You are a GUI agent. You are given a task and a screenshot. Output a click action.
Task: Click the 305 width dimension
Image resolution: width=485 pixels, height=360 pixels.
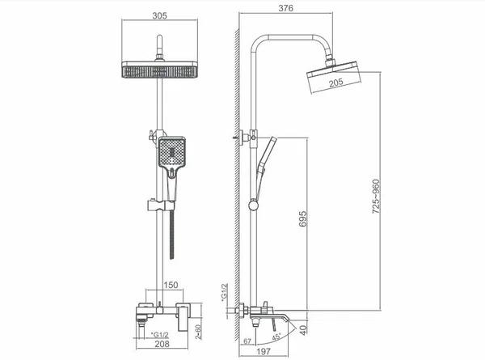(x=159, y=15)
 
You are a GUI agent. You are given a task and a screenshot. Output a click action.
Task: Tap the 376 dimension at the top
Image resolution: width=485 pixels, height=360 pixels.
(x=285, y=8)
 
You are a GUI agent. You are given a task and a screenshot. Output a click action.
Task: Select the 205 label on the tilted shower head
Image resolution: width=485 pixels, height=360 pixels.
(x=335, y=82)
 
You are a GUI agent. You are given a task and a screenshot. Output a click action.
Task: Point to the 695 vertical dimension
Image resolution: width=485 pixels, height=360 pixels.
(x=303, y=219)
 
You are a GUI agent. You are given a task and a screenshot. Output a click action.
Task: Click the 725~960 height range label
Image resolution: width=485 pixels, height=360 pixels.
(x=376, y=197)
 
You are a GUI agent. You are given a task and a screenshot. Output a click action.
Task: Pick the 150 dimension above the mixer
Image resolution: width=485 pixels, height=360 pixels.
(x=171, y=285)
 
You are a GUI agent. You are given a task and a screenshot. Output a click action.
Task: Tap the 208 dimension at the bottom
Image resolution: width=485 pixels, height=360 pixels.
(x=162, y=344)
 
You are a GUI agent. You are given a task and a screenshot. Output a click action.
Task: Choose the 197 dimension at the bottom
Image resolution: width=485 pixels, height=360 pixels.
(x=264, y=351)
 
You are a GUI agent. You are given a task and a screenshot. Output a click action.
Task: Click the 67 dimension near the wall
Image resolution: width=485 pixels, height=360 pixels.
(x=247, y=341)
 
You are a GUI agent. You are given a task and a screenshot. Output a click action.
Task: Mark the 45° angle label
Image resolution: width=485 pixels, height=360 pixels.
(x=276, y=337)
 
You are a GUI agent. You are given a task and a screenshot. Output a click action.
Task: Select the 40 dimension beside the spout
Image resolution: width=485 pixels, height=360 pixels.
(x=304, y=330)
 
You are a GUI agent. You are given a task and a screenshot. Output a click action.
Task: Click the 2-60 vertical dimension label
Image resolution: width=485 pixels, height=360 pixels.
(x=198, y=332)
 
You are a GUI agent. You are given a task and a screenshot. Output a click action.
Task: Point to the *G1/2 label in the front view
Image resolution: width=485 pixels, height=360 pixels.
(x=159, y=335)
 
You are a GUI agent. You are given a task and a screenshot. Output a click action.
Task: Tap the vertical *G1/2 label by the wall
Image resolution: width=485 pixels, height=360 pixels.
(x=224, y=292)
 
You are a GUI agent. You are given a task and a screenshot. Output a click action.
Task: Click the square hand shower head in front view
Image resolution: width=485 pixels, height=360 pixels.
(x=172, y=153)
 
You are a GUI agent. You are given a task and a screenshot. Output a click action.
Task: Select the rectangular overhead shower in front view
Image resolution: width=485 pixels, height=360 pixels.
(x=159, y=70)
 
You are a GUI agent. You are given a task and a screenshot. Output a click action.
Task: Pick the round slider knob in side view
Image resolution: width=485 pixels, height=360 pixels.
(x=254, y=205)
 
